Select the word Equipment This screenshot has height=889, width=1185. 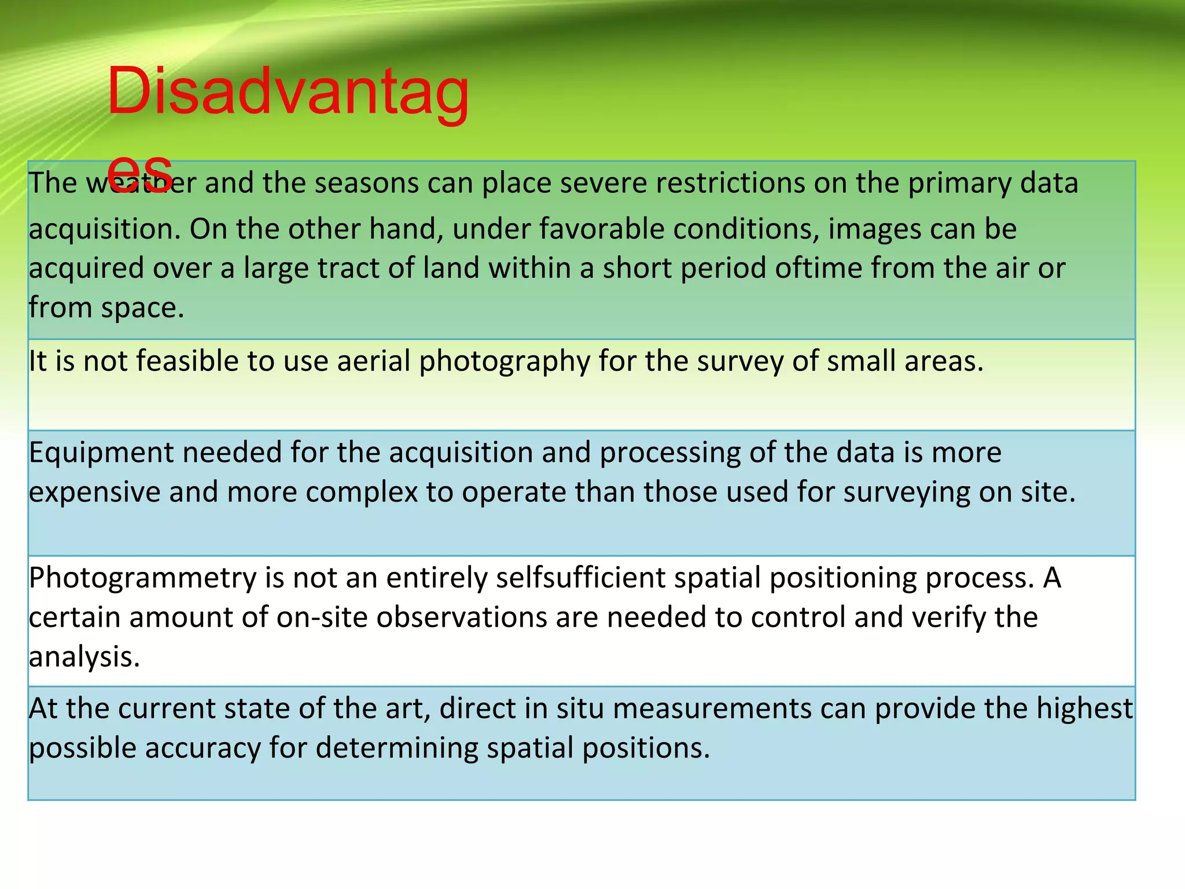click(101, 453)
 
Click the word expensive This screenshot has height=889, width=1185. click(94, 493)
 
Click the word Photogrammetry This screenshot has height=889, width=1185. click(143, 578)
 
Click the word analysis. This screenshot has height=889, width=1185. click(84, 657)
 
